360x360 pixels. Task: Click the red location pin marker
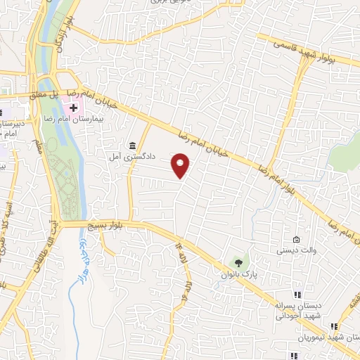[181, 165]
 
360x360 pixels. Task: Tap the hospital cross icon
[74, 108]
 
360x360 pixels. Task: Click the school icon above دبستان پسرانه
[297, 295]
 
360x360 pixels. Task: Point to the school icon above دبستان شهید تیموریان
[334, 326]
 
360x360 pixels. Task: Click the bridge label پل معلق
[49, 93]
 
